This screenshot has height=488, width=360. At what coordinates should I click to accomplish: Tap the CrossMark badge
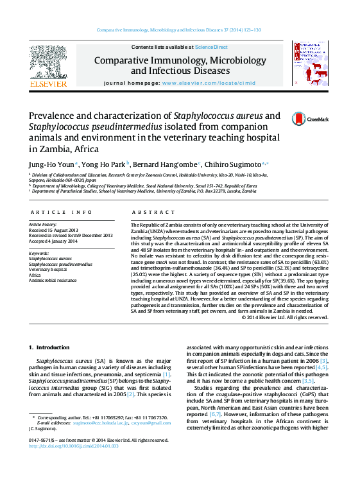click(309, 119)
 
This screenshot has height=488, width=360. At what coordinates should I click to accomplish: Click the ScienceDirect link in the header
click(211, 47)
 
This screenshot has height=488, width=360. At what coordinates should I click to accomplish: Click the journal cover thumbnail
click(310, 64)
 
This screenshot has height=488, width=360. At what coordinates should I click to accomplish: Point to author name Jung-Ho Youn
click(51, 163)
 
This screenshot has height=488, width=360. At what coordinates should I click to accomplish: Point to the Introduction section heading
click(49, 347)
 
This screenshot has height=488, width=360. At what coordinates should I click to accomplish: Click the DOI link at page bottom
click(74, 445)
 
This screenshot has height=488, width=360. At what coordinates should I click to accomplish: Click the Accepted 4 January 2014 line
click(53, 241)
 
